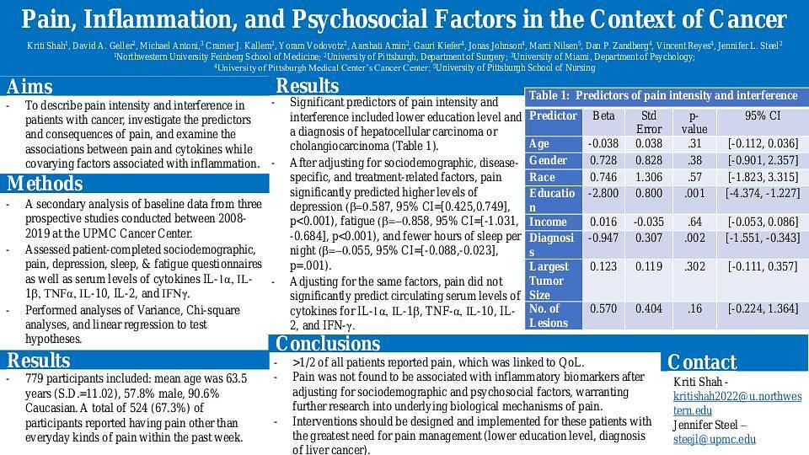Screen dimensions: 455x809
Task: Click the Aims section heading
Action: pos(29,87)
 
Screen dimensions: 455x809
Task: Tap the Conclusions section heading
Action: pos(328,344)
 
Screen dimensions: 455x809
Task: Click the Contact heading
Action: pos(702,362)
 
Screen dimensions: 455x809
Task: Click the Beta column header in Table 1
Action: pos(603,115)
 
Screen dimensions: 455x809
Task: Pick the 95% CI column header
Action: pos(763,115)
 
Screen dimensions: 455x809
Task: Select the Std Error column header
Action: pos(649,122)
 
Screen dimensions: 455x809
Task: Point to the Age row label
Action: pos(539,144)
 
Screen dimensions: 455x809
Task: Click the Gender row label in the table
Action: pos(548,160)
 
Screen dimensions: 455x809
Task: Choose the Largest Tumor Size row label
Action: pos(549,281)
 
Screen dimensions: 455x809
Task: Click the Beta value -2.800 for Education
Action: pos(603,193)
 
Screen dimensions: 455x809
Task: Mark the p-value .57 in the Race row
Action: pos(694,177)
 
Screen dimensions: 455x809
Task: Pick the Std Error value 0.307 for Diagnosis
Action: pos(649,238)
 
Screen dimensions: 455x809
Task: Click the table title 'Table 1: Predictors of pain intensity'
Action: pos(662,96)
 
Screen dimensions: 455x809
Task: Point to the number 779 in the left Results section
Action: pos(35,379)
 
